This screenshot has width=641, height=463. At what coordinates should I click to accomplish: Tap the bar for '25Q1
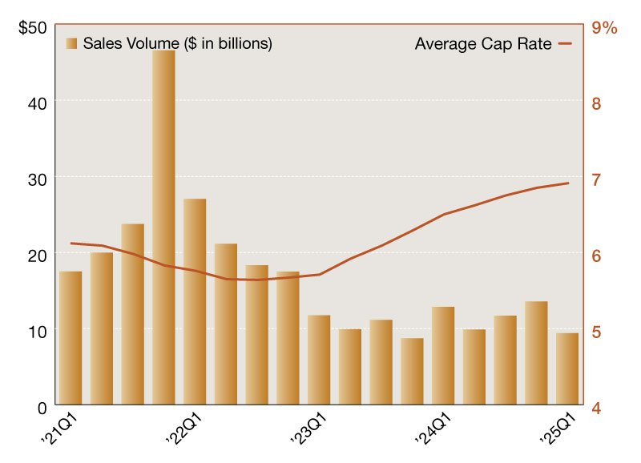coord(567,369)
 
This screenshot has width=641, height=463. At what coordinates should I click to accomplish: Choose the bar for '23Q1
coord(319,360)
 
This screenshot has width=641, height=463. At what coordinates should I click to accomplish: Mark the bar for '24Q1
coord(443,356)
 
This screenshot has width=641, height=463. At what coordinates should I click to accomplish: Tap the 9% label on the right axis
coord(603,27)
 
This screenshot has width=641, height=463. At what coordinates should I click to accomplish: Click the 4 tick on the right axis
coord(596,407)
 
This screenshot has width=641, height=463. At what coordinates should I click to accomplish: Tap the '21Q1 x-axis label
coord(58,429)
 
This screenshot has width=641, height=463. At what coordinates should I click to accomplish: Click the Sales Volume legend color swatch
coord(72,43)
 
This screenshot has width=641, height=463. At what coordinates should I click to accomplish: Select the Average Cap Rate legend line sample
coord(565,43)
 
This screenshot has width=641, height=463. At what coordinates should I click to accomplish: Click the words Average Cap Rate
coord(483,43)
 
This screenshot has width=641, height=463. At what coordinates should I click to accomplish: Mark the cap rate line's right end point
coord(568,183)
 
